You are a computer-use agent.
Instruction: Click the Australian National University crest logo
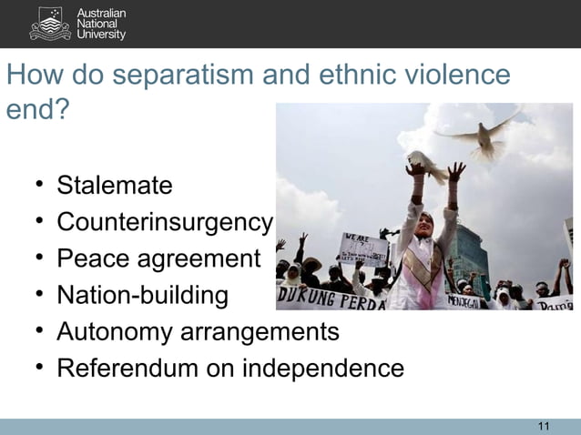pyautogui.click(x=49, y=24)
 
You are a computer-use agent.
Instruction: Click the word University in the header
pyautogui.click(x=102, y=35)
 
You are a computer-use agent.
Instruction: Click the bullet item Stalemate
pyautogui.click(x=114, y=187)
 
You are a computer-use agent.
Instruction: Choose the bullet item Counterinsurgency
pyautogui.click(x=164, y=223)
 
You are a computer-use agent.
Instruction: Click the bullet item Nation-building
pyautogui.click(x=142, y=296)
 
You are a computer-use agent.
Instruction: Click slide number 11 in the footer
pyautogui.click(x=545, y=426)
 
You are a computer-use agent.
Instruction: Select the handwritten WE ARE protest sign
pyautogui.click(x=362, y=248)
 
